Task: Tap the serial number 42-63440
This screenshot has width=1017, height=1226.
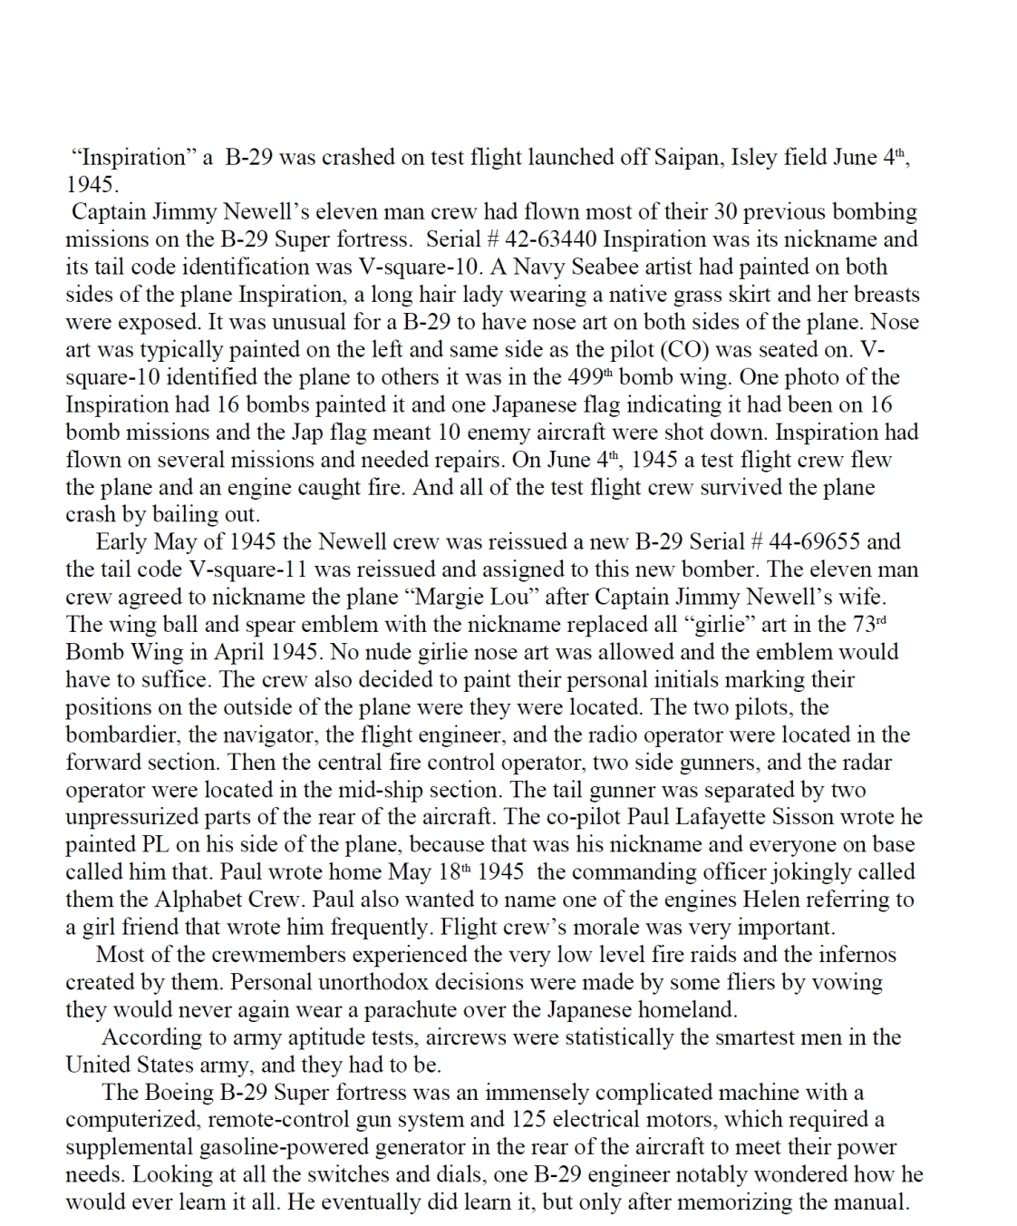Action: [x=552, y=239]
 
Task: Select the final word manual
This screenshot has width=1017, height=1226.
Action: [x=870, y=1202]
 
